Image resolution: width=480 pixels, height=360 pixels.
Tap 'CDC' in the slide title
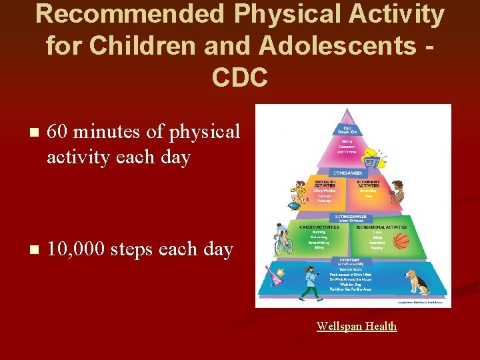point(240,77)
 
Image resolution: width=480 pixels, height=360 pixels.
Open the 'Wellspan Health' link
point(357,326)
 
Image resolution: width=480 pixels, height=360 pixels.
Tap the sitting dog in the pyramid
point(419,281)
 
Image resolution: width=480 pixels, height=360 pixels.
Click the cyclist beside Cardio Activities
point(283,239)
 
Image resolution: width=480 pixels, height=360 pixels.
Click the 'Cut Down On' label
point(347,131)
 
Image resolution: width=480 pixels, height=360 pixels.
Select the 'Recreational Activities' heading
point(381,227)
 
